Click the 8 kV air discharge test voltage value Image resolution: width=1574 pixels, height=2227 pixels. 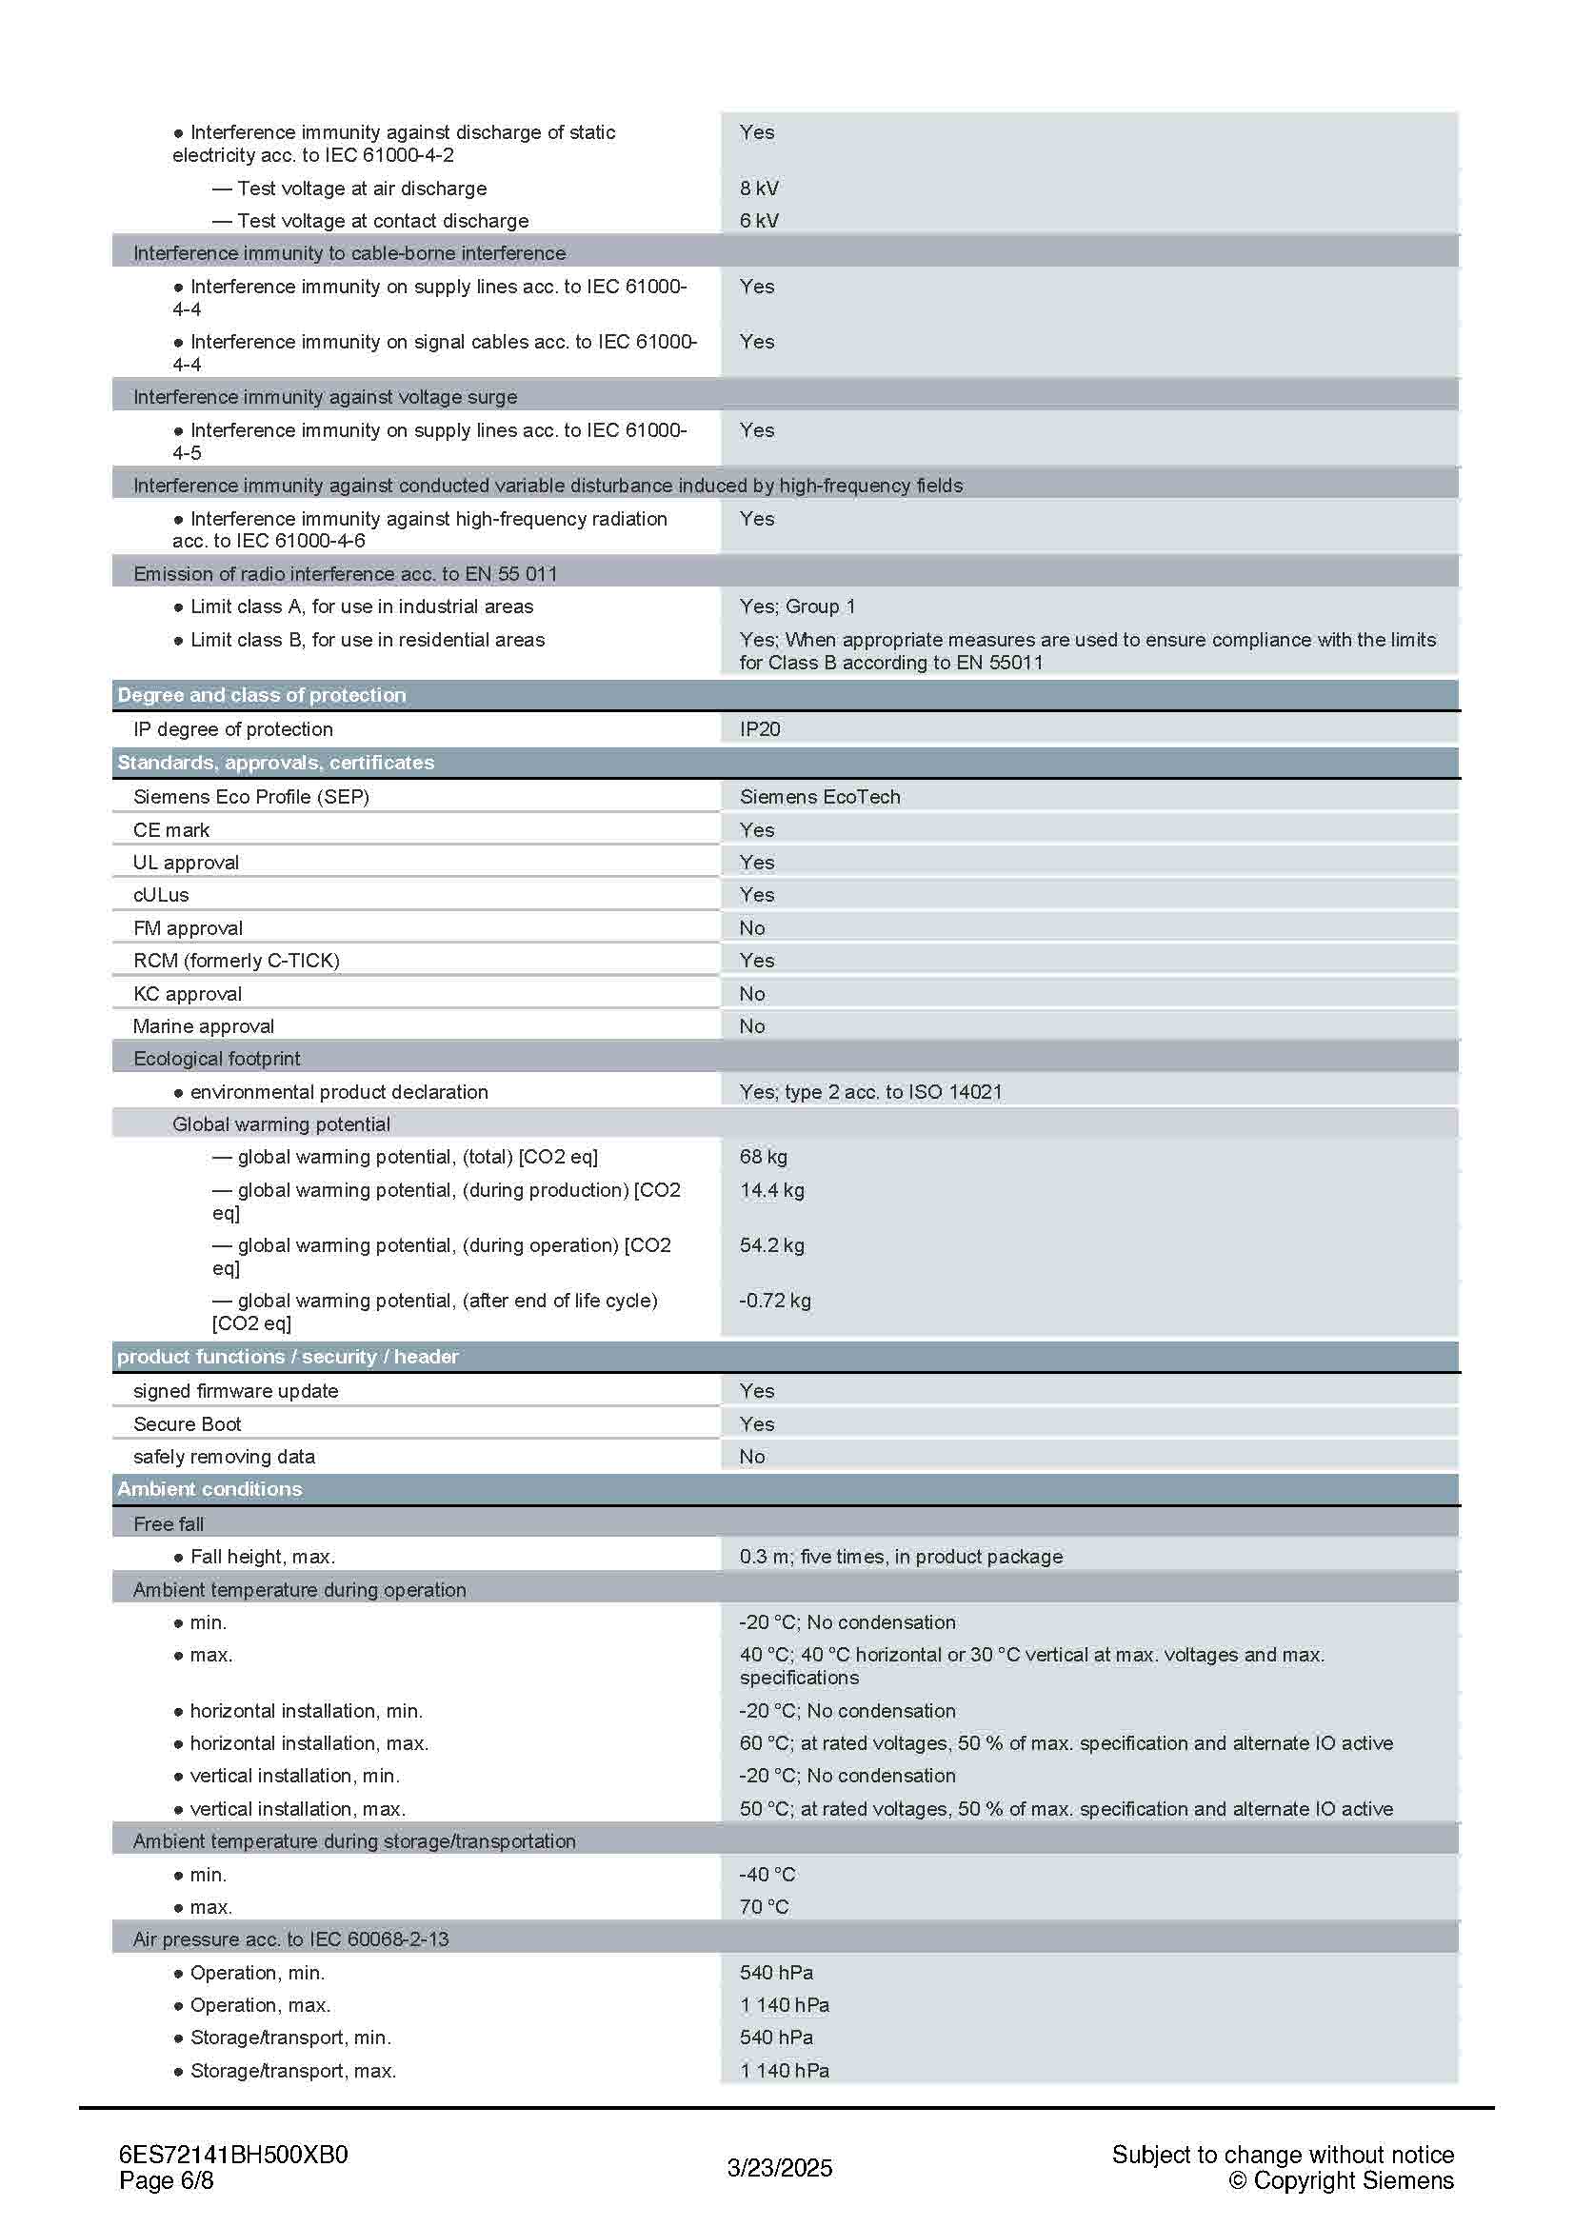pos(758,189)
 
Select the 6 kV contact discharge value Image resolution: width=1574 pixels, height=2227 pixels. pos(758,221)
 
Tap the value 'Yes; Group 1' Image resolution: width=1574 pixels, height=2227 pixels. pos(797,607)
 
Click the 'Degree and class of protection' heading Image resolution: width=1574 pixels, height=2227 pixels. pos(262,695)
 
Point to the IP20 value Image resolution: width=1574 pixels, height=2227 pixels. pos(759,729)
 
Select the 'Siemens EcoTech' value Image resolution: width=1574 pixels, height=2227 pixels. pos(820,797)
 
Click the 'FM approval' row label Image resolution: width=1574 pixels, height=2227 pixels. pos(189,928)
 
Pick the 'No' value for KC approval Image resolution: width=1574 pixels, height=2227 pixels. pos(751,994)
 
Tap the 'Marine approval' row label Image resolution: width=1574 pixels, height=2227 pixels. pos(204,1026)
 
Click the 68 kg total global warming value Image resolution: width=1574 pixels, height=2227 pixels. pos(764,1157)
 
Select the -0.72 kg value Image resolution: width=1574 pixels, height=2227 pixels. pos(775,1301)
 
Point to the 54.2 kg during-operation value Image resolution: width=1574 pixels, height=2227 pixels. pos(772,1245)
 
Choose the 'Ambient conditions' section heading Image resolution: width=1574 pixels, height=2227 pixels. pos(209,1490)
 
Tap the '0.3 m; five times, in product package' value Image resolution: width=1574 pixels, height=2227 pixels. pos(901,1557)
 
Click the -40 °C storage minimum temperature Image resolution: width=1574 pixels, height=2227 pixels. pos(767,1875)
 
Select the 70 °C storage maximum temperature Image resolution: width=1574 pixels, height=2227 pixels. pos(765,1907)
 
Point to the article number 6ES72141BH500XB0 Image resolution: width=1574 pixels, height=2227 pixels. pos(232,2155)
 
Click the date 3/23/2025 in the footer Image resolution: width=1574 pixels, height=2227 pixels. pos(780,2168)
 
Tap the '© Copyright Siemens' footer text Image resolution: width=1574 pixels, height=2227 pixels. pos(1342,2180)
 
